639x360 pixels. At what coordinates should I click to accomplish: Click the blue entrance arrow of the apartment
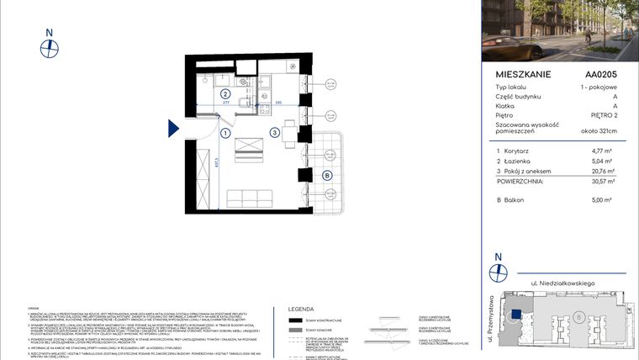(173, 127)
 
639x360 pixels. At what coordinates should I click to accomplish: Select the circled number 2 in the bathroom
(225, 94)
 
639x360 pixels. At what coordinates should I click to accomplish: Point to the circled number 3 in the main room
(275, 133)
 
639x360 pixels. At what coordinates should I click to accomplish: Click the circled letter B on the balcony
(326, 175)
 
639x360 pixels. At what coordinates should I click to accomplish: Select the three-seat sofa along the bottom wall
(251, 199)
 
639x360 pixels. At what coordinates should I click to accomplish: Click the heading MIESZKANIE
(523, 74)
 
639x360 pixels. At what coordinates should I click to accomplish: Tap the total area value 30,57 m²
(603, 181)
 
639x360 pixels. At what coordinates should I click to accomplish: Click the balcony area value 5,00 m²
(604, 199)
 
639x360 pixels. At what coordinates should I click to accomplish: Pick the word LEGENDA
(302, 309)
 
